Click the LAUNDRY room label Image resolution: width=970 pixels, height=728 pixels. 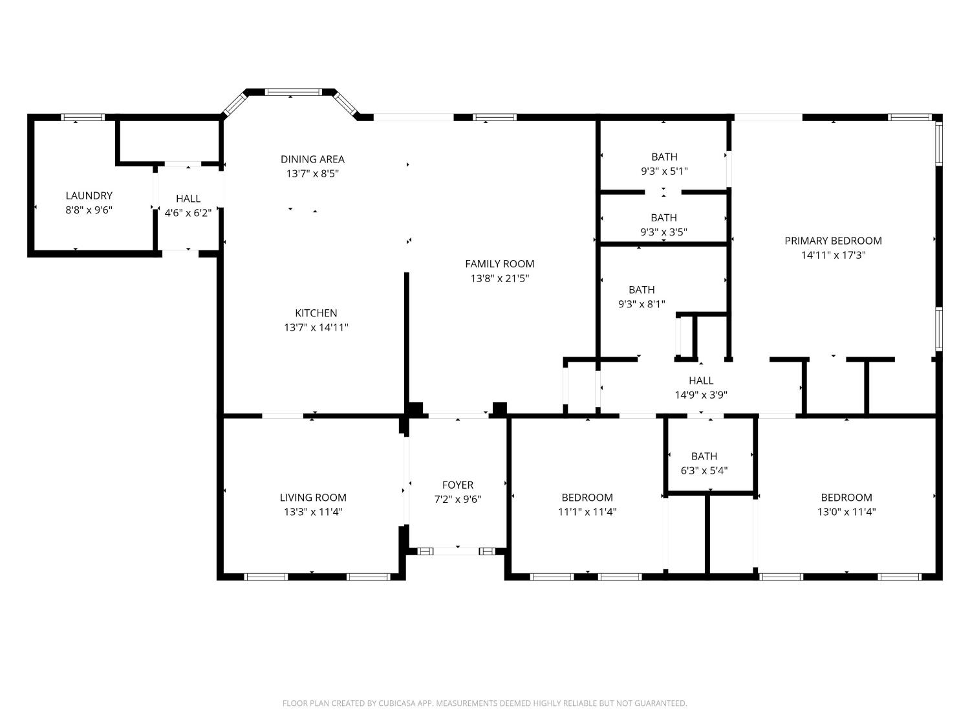89,195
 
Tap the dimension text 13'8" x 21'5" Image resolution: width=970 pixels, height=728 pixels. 500,278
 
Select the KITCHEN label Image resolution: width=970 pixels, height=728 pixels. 316,313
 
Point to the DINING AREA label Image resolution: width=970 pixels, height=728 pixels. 312,159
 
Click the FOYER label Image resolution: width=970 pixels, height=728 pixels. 458,485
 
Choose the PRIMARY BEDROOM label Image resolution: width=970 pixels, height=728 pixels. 834,241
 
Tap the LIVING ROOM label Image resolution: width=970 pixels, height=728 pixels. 313,497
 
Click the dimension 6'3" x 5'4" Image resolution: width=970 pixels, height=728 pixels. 704,470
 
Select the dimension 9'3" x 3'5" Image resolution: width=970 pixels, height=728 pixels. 663,232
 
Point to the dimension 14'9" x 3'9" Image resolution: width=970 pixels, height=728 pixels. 702,395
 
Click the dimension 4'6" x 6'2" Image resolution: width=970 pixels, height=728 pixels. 188,213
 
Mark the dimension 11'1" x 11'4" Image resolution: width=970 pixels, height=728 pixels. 587,512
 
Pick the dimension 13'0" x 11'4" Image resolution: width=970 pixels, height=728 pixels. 846,512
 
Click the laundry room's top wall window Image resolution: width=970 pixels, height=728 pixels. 83,117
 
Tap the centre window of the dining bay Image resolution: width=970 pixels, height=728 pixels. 294,92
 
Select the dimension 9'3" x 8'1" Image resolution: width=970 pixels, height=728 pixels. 641,304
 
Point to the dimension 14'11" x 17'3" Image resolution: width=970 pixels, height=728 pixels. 834,255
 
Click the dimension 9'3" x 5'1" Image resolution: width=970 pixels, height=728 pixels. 665,171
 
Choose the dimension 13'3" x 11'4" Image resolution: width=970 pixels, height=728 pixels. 314,512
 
